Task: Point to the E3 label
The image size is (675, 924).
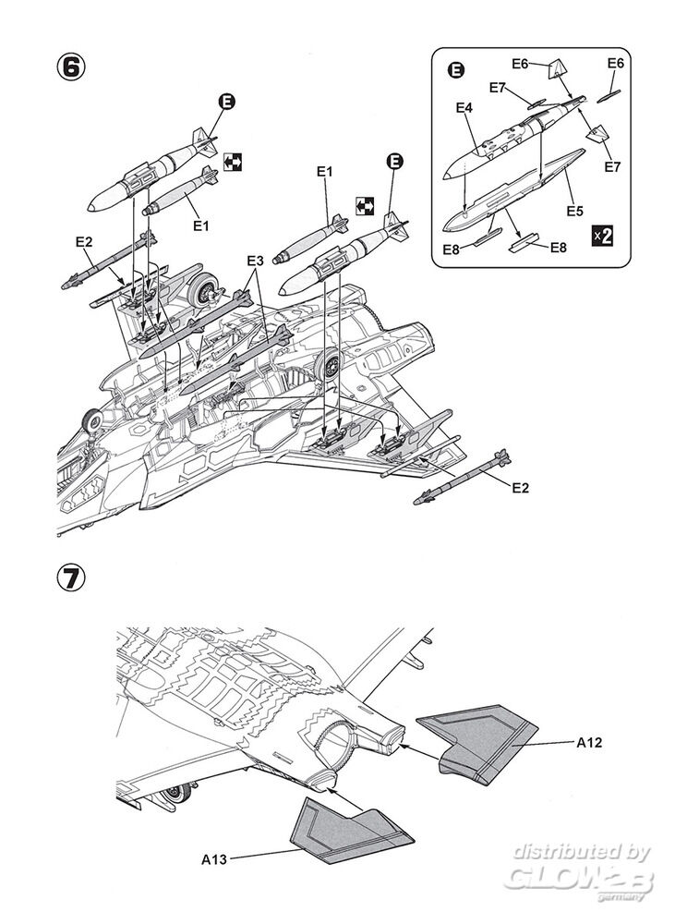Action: [x=255, y=261]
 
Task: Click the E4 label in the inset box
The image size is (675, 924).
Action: [x=464, y=108]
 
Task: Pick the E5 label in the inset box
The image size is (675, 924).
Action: [x=574, y=212]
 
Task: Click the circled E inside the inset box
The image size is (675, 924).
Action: [x=455, y=69]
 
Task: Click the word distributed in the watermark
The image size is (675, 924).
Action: [x=558, y=851]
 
